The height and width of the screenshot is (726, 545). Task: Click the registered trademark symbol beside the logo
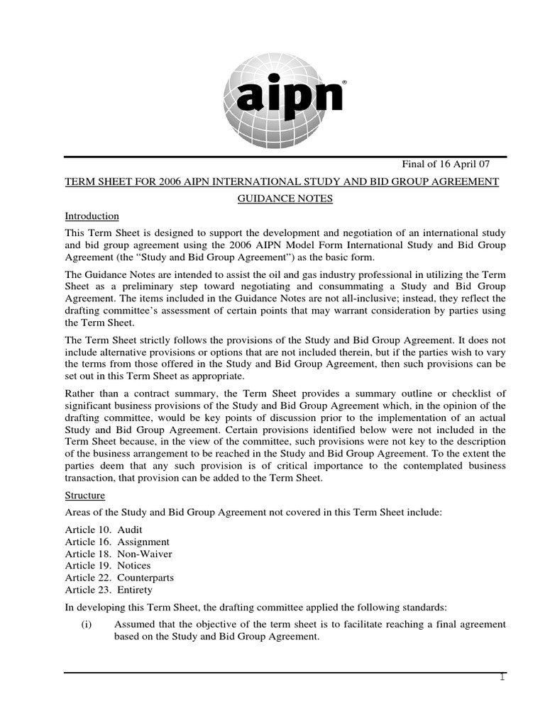pyautogui.click(x=344, y=82)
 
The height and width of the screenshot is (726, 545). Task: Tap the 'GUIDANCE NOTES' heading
pyautogui.click(x=284, y=199)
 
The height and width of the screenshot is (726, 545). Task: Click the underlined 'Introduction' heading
pyautogui.click(x=92, y=216)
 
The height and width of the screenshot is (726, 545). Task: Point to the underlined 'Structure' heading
pyautogui.click(x=84, y=496)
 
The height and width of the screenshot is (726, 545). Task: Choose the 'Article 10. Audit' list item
pyautogui.click(x=103, y=529)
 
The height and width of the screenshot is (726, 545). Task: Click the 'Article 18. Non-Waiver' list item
pyautogui.click(x=118, y=554)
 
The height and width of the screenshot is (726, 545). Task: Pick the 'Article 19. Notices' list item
pyautogui.click(x=108, y=566)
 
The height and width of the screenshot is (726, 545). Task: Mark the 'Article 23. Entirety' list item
pyautogui.click(x=109, y=590)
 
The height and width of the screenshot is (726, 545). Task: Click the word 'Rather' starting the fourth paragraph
pyautogui.click(x=80, y=395)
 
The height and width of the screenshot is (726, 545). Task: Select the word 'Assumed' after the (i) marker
pyautogui.click(x=135, y=625)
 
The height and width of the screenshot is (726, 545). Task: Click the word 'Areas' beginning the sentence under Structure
pyautogui.click(x=78, y=513)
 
